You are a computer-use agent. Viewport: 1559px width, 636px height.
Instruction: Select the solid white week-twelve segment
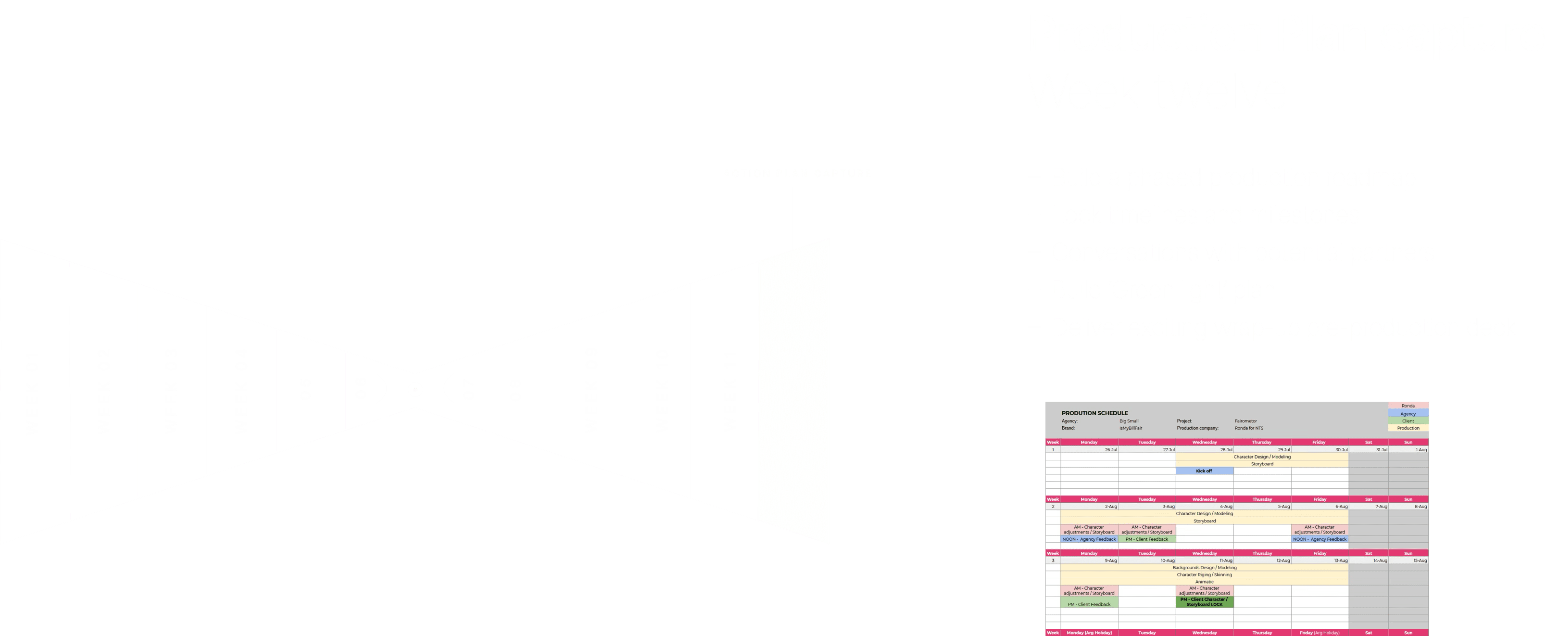tap(793, 391)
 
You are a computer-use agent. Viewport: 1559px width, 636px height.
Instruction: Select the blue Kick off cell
tap(1204, 471)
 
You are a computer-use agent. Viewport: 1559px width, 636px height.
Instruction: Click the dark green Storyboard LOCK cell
tap(1204, 602)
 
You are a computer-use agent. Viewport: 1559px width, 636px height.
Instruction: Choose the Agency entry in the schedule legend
tap(1408, 414)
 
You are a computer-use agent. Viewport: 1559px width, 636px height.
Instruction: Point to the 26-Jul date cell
tap(1110, 450)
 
